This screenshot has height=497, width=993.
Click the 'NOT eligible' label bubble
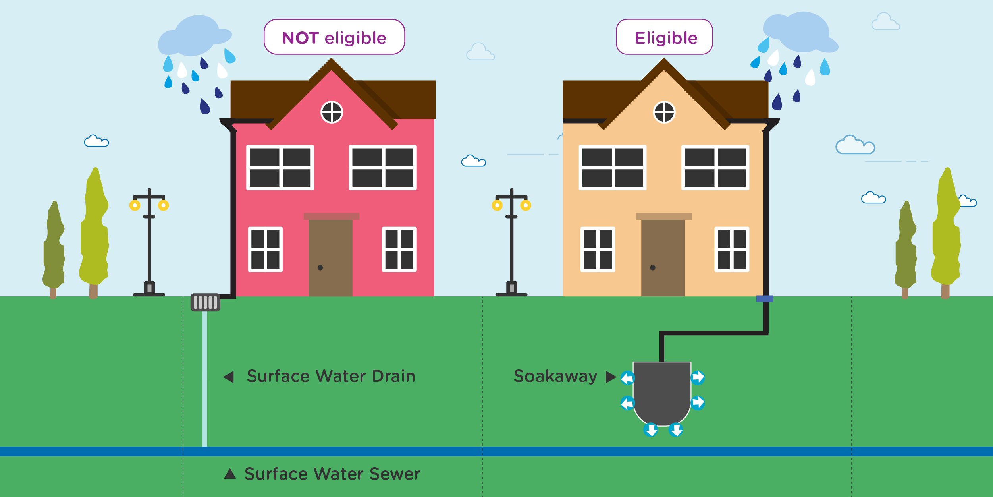(x=334, y=37)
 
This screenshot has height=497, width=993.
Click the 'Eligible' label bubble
(x=664, y=37)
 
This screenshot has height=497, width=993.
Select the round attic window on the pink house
(x=332, y=112)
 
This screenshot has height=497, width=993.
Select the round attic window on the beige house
(x=664, y=112)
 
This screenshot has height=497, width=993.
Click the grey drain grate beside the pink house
(x=205, y=302)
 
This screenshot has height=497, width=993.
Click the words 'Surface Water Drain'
(x=331, y=376)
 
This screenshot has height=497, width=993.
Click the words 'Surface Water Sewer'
(x=332, y=474)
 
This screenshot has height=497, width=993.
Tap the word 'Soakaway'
(x=555, y=376)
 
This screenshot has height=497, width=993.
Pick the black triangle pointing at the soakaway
(x=610, y=377)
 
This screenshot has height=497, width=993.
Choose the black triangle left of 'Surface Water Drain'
(x=229, y=377)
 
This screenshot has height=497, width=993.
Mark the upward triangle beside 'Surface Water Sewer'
(x=230, y=474)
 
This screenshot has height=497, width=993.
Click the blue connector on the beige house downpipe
(x=764, y=299)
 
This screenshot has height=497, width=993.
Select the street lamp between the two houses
(x=511, y=242)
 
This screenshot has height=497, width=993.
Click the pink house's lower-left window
(x=265, y=249)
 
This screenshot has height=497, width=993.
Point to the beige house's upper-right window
(x=715, y=168)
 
